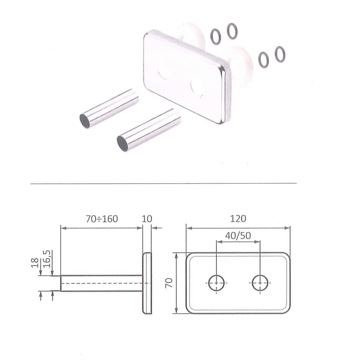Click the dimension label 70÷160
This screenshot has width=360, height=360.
click(x=102, y=219)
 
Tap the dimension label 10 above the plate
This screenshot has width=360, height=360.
click(x=147, y=219)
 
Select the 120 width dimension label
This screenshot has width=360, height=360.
click(x=238, y=218)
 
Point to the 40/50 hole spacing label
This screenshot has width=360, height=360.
click(x=238, y=236)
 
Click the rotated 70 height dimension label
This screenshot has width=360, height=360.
click(x=169, y=283)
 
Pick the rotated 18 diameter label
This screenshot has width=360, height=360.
click(x=35, y=263)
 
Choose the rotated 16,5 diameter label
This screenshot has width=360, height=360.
click(x=47, y=259)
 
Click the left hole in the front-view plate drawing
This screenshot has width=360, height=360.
click(x=216, y=283)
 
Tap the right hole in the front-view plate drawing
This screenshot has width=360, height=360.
click(x=260, y=283)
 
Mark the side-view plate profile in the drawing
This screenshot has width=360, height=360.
click(x=147, y=283)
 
